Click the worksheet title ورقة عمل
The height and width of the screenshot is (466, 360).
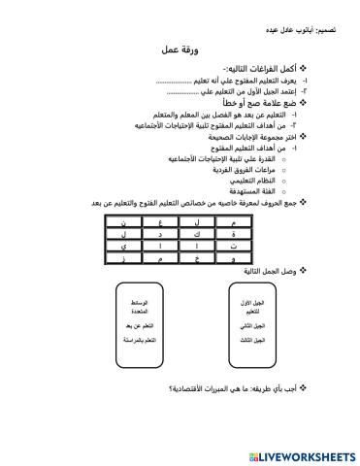[x=177, y=56]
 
